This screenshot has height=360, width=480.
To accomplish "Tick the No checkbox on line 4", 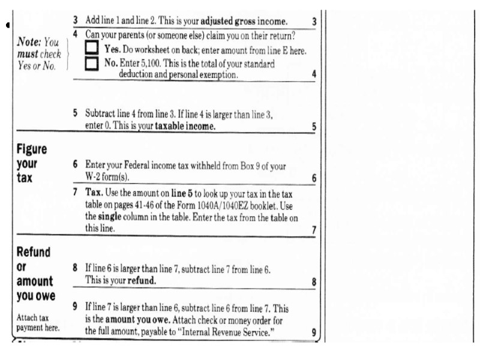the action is tap(92, 63).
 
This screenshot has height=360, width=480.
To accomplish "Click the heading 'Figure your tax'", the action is tap(32, 163).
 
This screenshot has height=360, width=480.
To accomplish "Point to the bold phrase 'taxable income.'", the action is tap(185, 127).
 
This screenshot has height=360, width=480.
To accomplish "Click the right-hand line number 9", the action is tap(314, 332).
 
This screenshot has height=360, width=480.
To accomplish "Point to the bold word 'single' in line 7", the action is tap(110, 217).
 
